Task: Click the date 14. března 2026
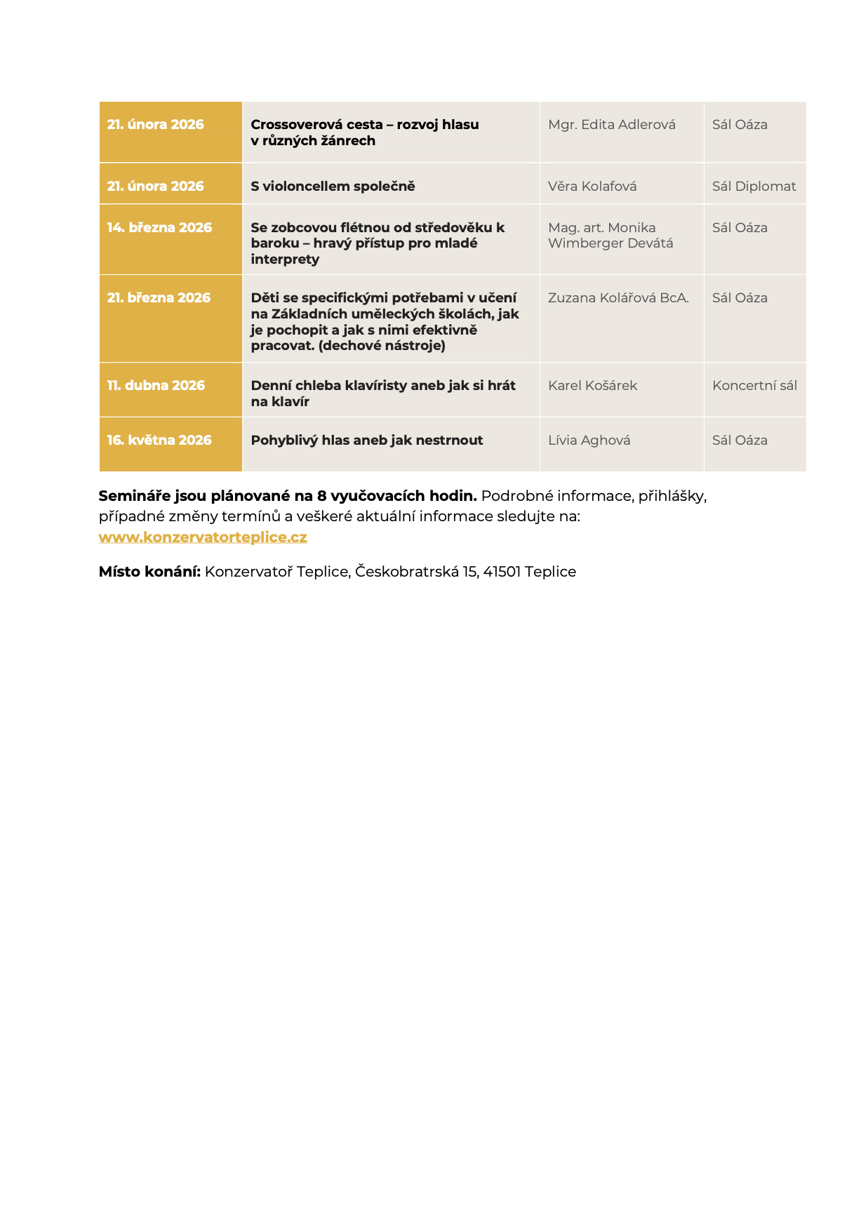159,227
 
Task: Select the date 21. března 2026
159,297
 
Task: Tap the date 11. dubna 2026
156,385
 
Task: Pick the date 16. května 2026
159,440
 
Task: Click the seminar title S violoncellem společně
333,186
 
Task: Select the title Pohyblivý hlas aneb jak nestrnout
366,440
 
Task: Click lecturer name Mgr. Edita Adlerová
611,124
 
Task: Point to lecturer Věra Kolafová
592,186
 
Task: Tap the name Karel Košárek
592,385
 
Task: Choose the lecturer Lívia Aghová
589,440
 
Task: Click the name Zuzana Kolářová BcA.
618,297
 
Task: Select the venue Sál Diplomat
754,186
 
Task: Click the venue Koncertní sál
754,385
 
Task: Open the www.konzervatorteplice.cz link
203,537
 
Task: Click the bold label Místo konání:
149,571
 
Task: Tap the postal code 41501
502,571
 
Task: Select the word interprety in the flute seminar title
285,259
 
